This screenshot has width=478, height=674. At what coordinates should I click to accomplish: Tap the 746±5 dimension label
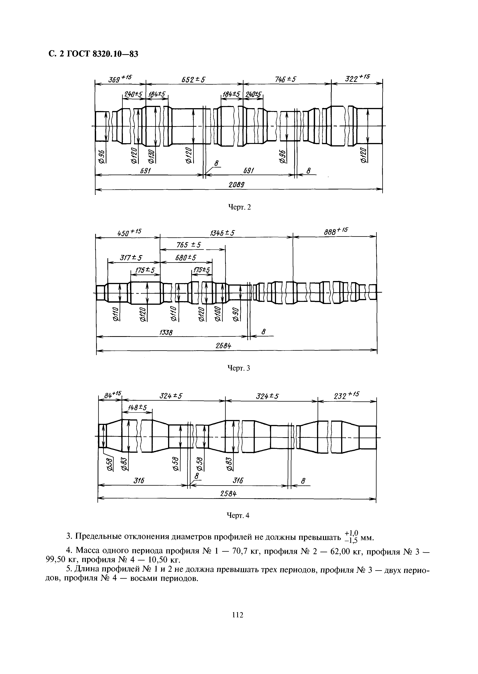point(285,79)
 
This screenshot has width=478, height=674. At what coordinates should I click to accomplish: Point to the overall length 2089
point(237,185)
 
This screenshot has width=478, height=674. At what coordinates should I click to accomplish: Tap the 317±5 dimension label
point(131,257)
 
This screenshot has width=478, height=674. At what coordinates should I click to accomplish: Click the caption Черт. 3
point(239,368)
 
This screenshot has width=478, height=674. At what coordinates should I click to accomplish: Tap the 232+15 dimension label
point(346,395)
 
